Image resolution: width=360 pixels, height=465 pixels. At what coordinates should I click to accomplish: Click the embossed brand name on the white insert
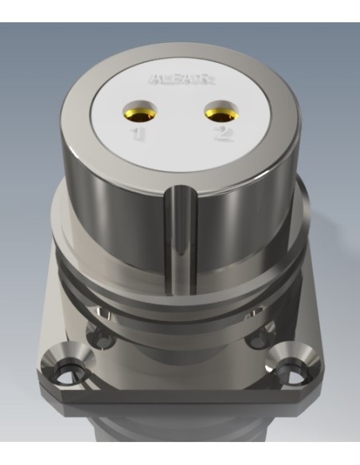point(180,80)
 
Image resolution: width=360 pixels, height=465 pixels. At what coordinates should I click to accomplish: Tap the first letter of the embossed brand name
point(154,80)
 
